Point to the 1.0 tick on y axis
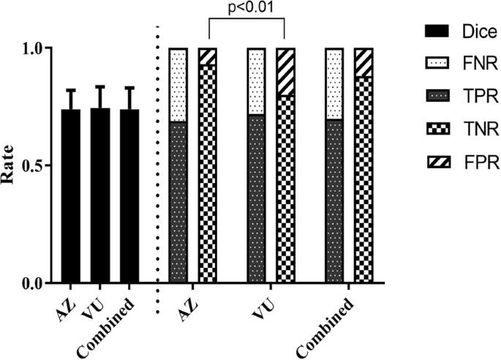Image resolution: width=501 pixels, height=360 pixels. pyautogui.click(x=31, y=48)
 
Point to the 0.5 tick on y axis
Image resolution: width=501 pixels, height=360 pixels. pyautogui.click(x=31, y=165)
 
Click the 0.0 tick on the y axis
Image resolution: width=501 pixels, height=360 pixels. pyautogui.click(x=31, y=283)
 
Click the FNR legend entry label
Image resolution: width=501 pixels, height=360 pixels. pyautogui.click(x=467, y=65)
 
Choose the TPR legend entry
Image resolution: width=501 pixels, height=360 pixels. pyautogui.click(x=467, y=98)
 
